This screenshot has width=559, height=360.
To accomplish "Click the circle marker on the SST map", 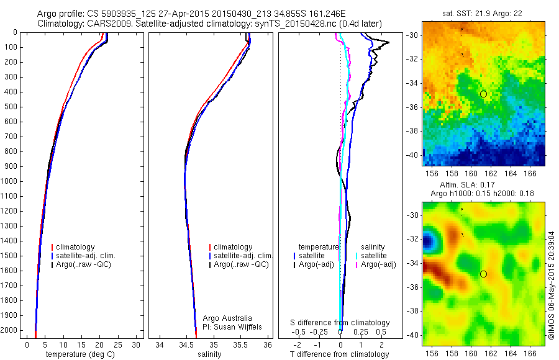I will coord(483,94).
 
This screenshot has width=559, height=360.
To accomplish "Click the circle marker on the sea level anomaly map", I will coord(483,274).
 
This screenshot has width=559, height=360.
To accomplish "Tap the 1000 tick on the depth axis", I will coord(11,181).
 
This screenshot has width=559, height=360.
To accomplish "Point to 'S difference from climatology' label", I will coord(340,323).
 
